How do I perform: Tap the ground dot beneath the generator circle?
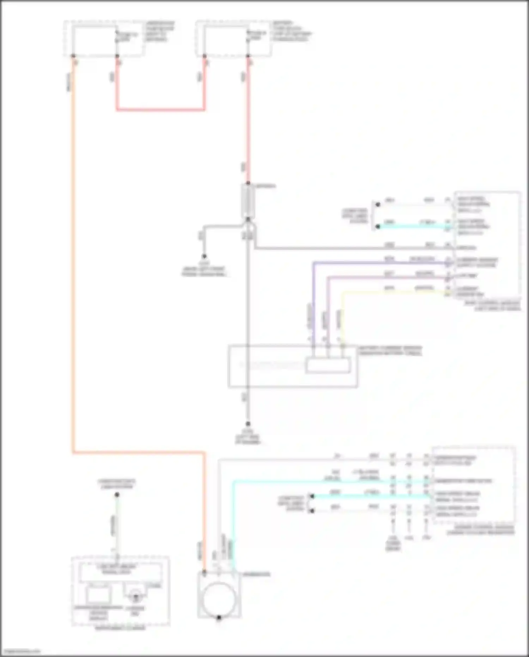(219, 617)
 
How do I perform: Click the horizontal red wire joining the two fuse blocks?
(160, 110)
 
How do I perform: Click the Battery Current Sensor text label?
(390, 351)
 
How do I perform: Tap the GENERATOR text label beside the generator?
(256, 574)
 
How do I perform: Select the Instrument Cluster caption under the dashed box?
(120, 628)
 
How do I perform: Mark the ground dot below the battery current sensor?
(248, 424)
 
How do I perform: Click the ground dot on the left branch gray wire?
(204, 257)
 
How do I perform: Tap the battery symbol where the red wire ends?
(248, 201)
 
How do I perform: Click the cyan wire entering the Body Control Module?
(413, 227)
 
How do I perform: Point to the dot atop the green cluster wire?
(117, 495)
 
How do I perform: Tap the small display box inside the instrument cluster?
(98, 595)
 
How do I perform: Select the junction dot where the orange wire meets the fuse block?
(73, 56)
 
